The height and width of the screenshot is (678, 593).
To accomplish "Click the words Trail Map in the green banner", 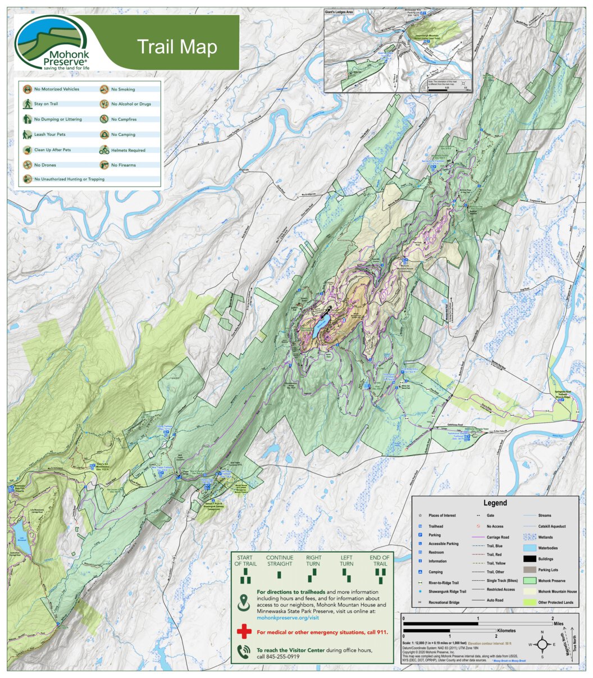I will (177, 47).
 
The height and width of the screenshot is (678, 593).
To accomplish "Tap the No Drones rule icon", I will (27, 165).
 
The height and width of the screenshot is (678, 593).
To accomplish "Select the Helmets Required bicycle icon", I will (104, 150).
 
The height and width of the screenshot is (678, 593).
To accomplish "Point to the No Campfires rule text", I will (124, 120).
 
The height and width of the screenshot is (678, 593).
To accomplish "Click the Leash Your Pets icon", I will (27, 135).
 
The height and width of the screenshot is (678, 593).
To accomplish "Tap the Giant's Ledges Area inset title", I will (343, 11).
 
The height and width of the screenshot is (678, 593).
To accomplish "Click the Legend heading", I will (495, 503).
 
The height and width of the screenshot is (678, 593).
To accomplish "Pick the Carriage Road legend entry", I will (498, 537).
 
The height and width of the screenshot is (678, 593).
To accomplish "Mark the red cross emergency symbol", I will (244, 632).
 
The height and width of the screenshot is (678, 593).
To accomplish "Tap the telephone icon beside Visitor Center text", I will (244, 652).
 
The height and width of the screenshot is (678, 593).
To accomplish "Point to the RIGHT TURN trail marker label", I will (313, 561).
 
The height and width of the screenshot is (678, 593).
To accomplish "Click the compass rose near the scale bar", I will (542, 644).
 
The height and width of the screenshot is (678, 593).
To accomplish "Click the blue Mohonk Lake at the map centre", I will (321, 326).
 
